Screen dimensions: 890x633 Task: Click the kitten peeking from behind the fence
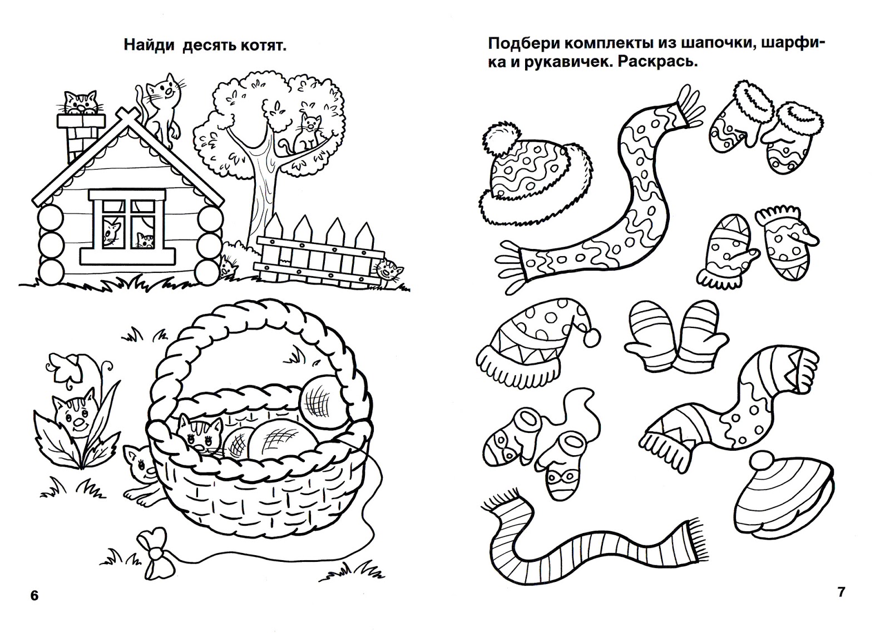387,270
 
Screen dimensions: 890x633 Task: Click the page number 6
34,596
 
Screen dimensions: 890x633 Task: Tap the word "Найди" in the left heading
150,45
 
